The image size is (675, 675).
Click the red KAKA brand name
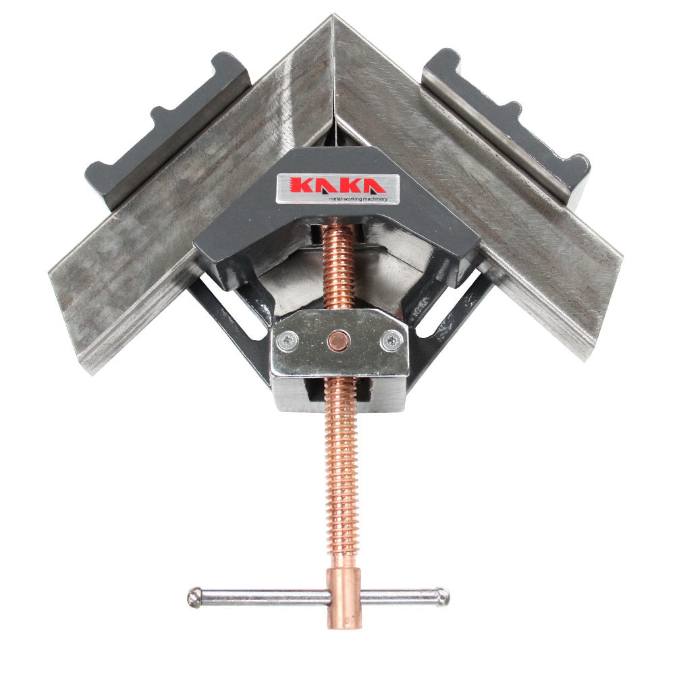(x=331, y=184)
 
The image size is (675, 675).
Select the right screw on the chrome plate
(x=391, y=342)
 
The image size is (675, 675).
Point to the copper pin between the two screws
(x=338, y=342)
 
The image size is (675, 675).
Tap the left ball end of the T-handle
(x=194, y=597)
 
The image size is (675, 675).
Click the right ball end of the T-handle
(x=441, y=596)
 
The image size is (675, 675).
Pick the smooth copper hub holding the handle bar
(x=344, y=597)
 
